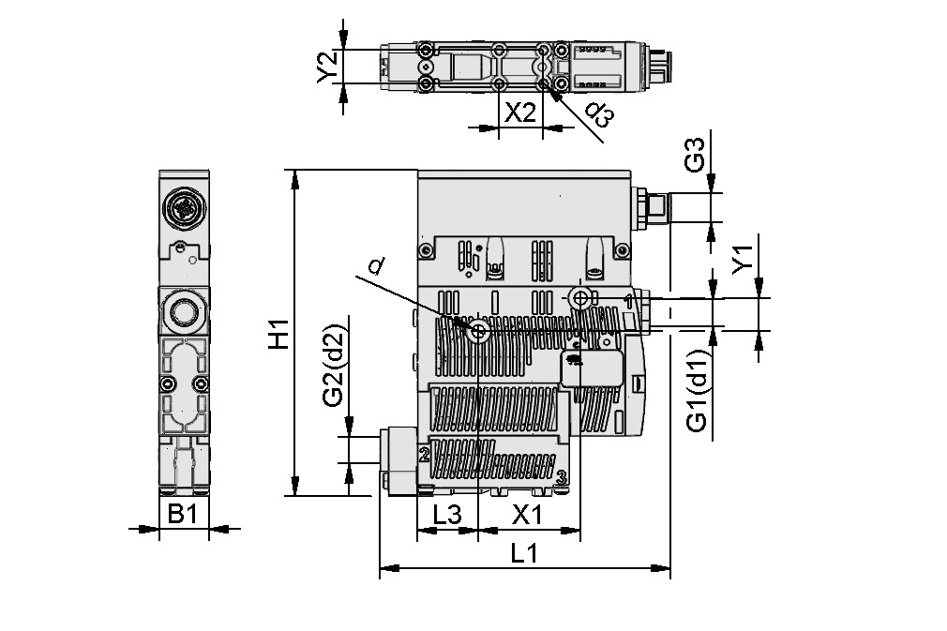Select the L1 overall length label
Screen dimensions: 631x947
click(x=523, y=554)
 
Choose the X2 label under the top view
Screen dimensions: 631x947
click(x=520, y=113)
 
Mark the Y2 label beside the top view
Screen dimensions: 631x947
click(x=327, y=67)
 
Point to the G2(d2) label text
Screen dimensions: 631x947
click(x=333, y=366)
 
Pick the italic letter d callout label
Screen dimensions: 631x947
click(x=375, y=267)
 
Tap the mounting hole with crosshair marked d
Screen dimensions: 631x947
click(x=480, y=331)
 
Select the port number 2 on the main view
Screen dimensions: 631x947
click(x=424, y=455)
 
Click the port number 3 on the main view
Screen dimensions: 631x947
click(x=561, y=477)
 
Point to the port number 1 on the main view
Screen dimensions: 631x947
click(x=626, y=299)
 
